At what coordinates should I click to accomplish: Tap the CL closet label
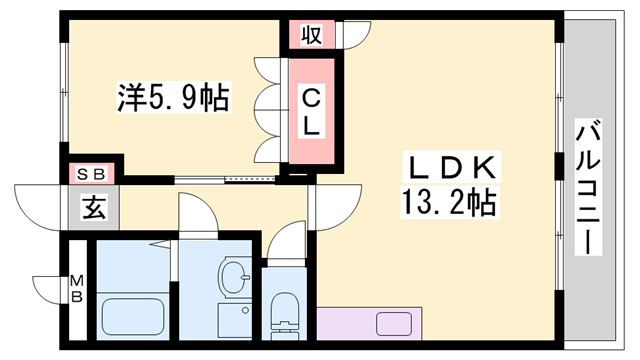(312, 112)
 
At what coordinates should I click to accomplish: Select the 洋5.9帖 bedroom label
(174, 98)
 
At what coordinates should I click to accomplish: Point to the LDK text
(450, 165)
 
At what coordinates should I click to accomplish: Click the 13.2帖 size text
(449, 204)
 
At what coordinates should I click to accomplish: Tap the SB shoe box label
(92, 173)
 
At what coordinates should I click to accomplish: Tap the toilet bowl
(285, 311)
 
